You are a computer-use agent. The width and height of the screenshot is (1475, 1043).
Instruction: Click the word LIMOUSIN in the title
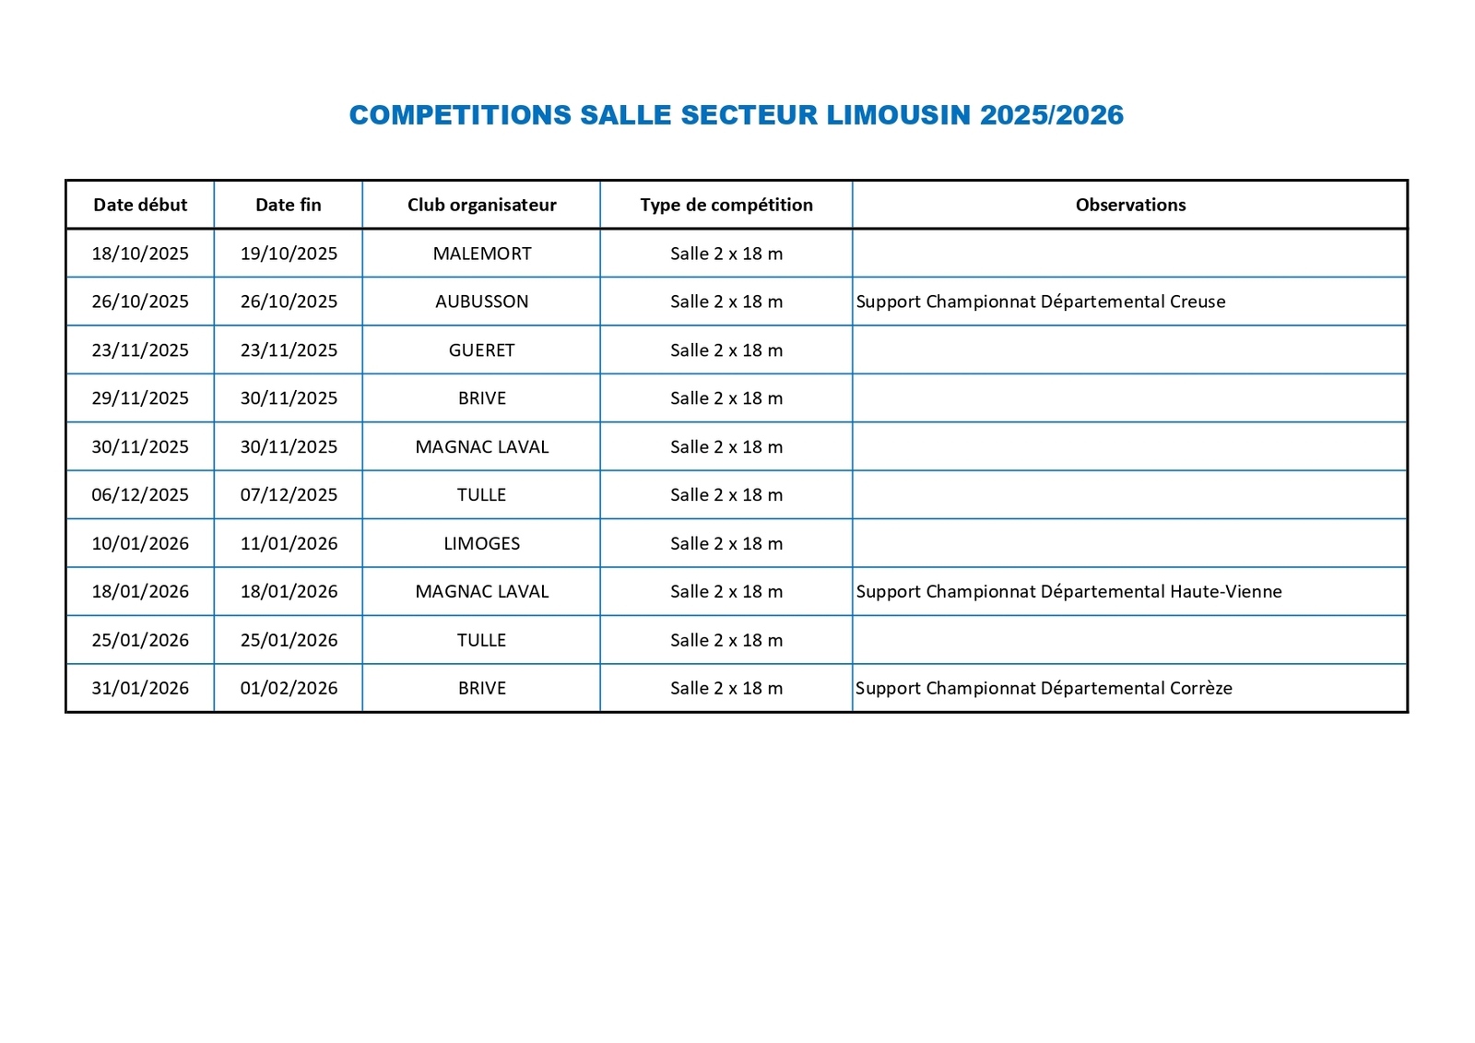pyautogui.click(x=898, y=115)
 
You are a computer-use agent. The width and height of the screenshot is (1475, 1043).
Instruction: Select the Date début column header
pyautogui.click(x=140, y=205)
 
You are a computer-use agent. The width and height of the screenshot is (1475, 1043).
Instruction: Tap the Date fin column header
pyautogui.click(x=289, y=205)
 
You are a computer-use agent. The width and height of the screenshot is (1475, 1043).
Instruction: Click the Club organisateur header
pyautogui.click(x=481, y=205)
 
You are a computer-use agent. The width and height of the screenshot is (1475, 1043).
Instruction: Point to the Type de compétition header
pyautogui.click(x=726, y=205)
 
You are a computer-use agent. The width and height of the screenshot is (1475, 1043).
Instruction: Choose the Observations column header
pyautogui.click(x=1130, y=205)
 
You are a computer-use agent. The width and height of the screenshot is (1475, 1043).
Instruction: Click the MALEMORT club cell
pyautogui.click(x=482, y=254)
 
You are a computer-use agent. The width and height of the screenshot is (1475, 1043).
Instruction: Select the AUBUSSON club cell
pyautogui.click(x=482, y=302)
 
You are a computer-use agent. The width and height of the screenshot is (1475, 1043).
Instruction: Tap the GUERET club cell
pyautogui.click(x=482, y=350)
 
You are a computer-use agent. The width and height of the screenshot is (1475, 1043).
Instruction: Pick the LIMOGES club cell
pyautogui.click(x=482, y=543)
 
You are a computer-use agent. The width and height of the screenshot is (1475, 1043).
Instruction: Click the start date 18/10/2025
pyautogui.click(x=140, y=254)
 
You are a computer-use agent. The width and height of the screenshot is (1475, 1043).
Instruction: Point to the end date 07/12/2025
pyautogui.click(x=289, y=495)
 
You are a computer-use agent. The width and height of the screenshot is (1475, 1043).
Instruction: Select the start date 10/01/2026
pyautogui.click(x=140, y=543)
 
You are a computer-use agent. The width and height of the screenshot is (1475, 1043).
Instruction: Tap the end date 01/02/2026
pyautogui.click(x=289, y=688)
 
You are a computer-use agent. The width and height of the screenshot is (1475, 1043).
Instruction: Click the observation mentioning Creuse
pyautogui.click(x=1041, y=302)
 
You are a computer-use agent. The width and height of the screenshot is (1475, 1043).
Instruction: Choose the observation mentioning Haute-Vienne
pyautogui.click(x=1068, y=592)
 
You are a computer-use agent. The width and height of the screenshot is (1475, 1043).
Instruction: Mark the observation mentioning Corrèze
pyautogui.click(x=1044, y=688)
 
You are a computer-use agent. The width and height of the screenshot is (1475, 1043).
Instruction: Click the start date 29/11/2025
pyautogui.click(x=140, y=398)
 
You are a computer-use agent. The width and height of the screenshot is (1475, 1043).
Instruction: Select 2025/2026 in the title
pyautogui.click(x=1052, y=115)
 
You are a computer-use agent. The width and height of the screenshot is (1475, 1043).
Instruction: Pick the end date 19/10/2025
pyautogui.click(x=289, y=254)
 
